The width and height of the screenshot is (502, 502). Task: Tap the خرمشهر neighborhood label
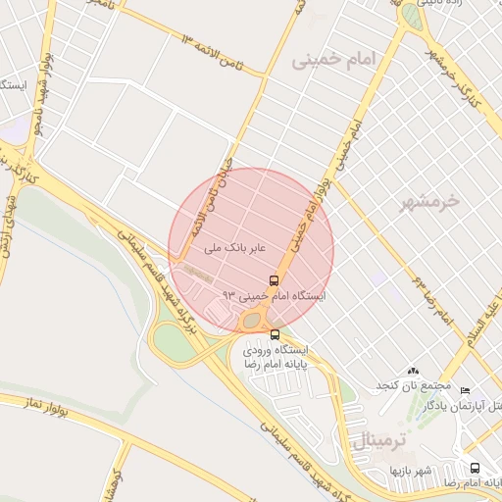click(x=429, y=203)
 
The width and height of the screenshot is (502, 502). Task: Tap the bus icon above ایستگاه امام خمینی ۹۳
click(x=273, y=278)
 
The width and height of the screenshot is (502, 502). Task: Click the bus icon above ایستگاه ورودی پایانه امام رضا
click(x=274, y=334)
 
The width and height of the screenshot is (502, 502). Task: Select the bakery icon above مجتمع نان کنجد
click(x=412, y=372)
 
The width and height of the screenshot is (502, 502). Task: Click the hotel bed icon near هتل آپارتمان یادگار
click(x=464, y=390)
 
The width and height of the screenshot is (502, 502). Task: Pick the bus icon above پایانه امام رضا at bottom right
click(x=475, y=469)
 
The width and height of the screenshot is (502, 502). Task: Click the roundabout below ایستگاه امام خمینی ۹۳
click(x=254, y=319)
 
